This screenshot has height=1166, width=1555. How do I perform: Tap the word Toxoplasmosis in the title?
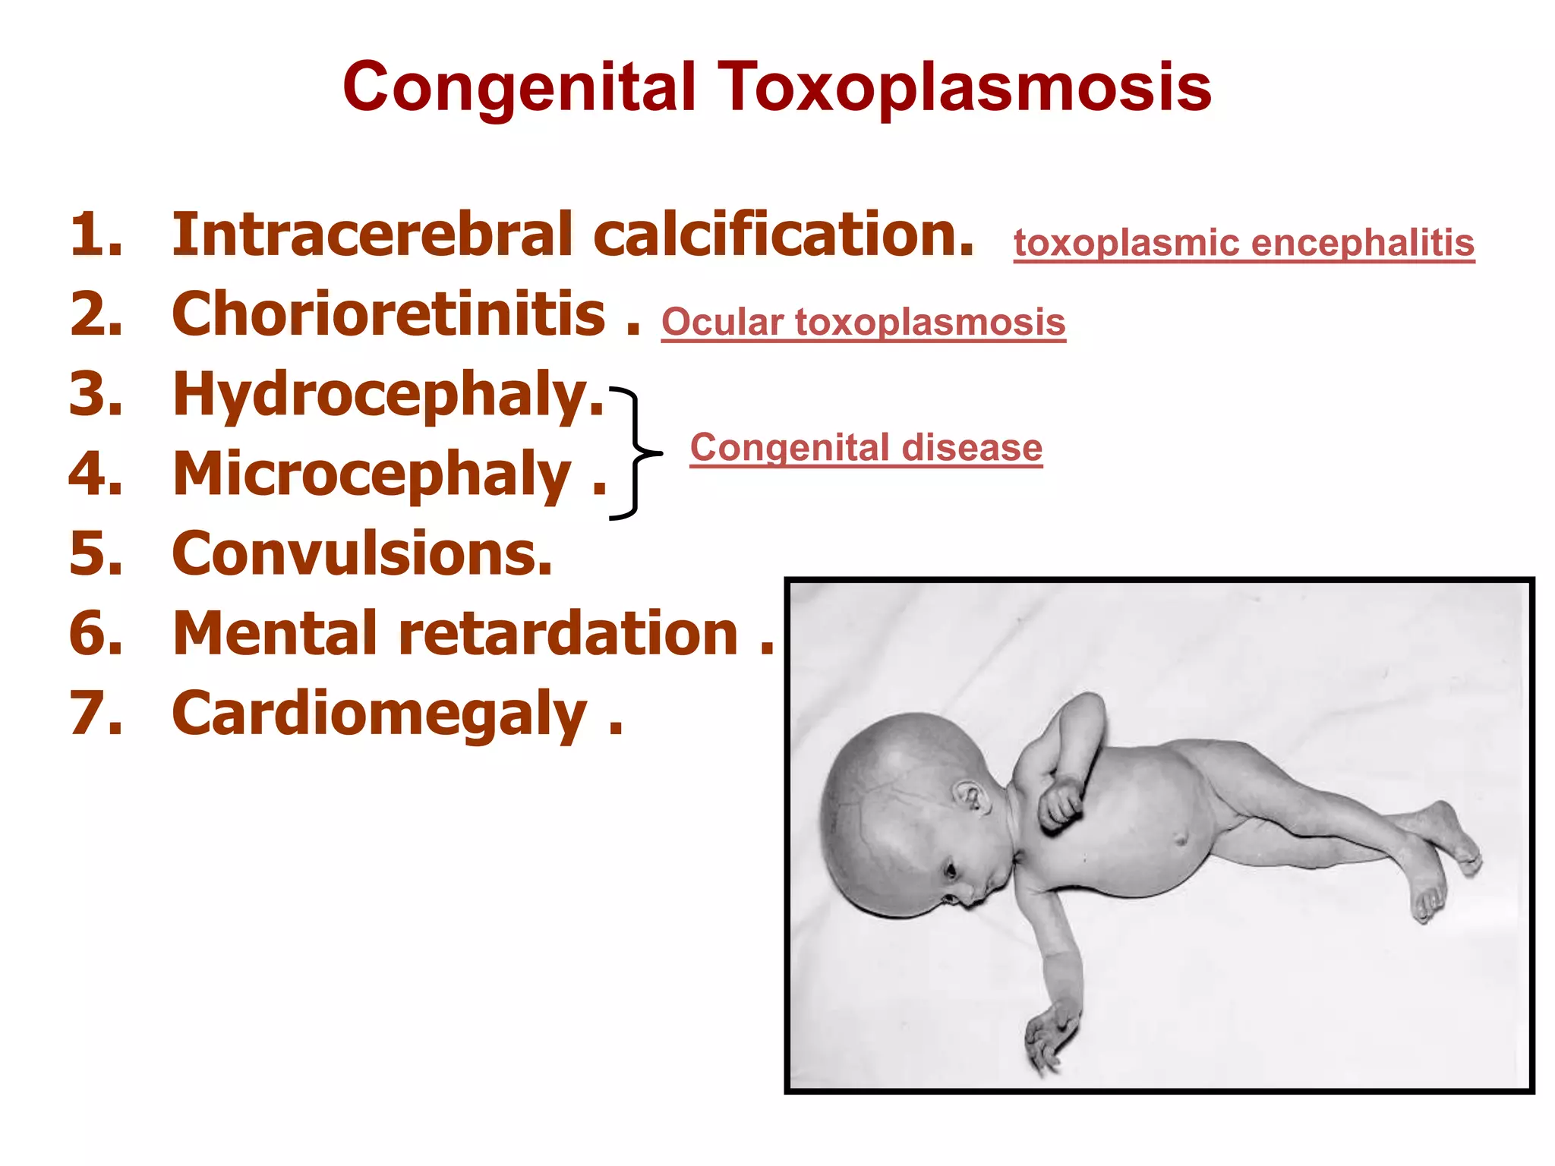[x=964, y=87]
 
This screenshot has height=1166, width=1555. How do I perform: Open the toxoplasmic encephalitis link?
[x=1244, y=243]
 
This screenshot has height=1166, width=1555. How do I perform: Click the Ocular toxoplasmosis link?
[x=863, y=322]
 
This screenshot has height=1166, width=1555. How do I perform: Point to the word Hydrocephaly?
[x=387, y=395]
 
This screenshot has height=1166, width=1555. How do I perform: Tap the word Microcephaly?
[x=372, y=474]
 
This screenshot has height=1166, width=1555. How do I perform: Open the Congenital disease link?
[x=866, y=447]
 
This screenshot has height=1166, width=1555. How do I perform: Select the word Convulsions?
[x=362, y=553]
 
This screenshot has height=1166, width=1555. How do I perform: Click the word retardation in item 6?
[x=569, y=633]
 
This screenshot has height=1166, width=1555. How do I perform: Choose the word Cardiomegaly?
[x=380, y=714]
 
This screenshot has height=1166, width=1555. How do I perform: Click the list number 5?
[x=96, y=553]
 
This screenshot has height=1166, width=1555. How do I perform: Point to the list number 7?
[x=96, y=714]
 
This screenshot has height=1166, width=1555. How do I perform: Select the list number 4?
[x=96, y=474]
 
